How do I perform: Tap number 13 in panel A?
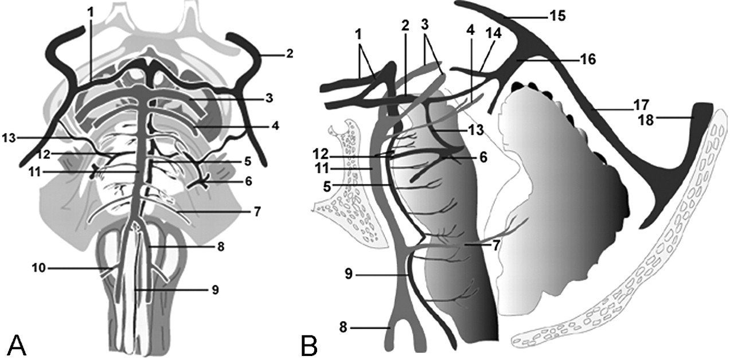click(x=9, y=138)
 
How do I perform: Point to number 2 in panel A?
click(x=290, y=54)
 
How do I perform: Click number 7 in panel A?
click(x=257, y=212)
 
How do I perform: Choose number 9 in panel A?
click(x=215, y=290)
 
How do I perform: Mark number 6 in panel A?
click(x=248, y=181)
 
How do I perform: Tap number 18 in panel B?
click(x=646, y=120)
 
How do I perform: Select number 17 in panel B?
click(x=641, y=105)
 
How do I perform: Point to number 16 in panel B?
click(x=588, y=60)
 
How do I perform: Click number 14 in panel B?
click(x=494, y=33)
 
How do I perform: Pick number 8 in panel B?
click(x=343, y=327)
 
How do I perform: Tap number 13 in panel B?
click(x=476, y=130)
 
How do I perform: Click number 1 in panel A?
click(x=91, y=13)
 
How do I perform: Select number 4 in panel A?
click(x=275, y=125)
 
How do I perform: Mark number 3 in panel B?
click(x=425, y=25)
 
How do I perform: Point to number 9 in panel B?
click(x=349, y=274)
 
